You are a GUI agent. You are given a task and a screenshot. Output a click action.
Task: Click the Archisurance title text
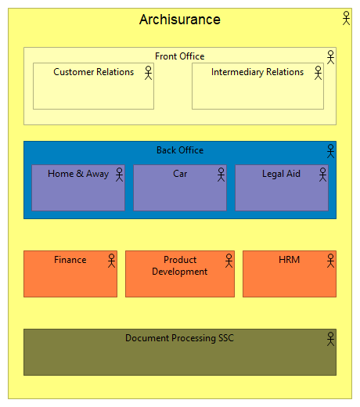click(x=179, y=20)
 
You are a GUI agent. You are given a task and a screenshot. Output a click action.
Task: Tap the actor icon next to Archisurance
click(x=346, y=18)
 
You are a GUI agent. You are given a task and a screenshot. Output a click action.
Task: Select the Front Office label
click(x=179, y=56)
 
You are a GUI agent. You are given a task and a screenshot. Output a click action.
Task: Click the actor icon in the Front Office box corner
click(x=330, y=56)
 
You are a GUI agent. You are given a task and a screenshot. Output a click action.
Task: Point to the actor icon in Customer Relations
click(x=148, y=72)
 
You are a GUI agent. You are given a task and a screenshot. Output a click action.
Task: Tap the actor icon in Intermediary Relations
click(x=318, y=72)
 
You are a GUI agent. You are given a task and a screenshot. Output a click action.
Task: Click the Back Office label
click(x=179, y=150)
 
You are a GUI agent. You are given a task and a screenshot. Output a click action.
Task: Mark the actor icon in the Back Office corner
click(x=330, y=150)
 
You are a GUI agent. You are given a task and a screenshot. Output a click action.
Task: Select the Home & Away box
click(x=77, y=189)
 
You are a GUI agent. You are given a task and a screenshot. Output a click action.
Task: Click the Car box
click(x=179, y=189)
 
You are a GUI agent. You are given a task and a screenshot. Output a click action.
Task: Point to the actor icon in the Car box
click(x=221, y=174)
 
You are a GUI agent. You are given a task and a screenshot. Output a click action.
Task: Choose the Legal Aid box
click(x=281, y=189)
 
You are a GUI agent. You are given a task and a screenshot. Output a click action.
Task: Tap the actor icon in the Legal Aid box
click(x=322, y=174)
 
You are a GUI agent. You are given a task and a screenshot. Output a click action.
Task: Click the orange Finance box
click(x=70, y=274)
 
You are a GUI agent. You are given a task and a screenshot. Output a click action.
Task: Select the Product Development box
click(x=179, y=274)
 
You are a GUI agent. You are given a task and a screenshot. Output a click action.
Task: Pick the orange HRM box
click(x=289, y=274)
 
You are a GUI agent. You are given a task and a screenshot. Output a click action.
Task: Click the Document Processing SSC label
click(x=179, y=338)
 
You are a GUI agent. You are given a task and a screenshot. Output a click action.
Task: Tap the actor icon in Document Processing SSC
click(x=330, y=338)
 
